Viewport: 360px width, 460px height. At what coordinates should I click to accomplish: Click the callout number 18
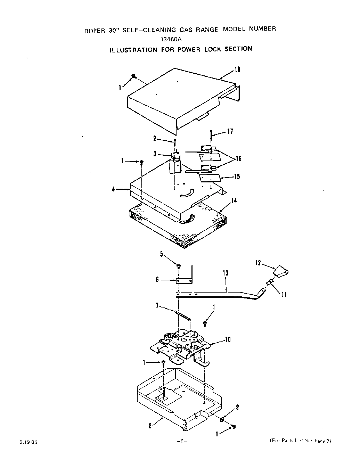(x=237, y=69)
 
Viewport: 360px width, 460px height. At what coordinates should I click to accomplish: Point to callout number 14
(x=234, y=200)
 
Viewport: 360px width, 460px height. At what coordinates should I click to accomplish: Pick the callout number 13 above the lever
(x=226, y=273)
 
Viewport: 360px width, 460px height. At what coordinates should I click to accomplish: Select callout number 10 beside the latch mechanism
(x=228, y=339)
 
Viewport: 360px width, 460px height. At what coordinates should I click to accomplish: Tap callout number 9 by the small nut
(x=237, y=408)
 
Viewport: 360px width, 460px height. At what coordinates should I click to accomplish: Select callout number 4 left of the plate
(x=113, y=190)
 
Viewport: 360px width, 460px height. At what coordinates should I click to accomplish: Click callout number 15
(x=237, y=176)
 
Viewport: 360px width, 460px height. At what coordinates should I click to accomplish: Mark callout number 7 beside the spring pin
(x=157, y=306)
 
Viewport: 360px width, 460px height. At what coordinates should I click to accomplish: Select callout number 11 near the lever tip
(x=284, y=295)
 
